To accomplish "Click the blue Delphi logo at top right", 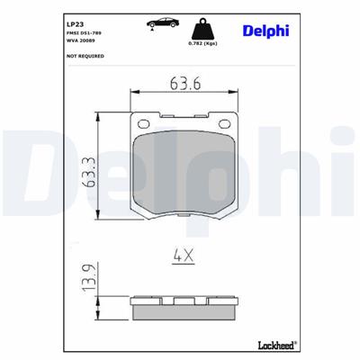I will pyautogui.click(x=265, y=32).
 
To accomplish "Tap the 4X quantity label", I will pyautogui.click(x=184, y=256).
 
